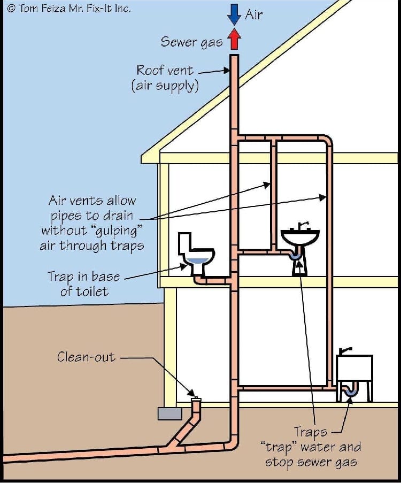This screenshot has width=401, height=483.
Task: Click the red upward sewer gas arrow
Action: pos(234,39)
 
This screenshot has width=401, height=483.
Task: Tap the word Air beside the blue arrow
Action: pos(254,14)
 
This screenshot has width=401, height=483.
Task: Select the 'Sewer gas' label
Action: pos(191,42)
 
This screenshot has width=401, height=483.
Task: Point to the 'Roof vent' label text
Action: pos(165,70)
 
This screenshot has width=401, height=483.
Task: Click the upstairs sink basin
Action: pos(300,237)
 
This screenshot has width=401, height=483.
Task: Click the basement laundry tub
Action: pos(354,368)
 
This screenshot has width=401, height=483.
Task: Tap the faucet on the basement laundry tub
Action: pos(345,351)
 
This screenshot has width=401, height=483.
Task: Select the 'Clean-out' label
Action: pos(86,357)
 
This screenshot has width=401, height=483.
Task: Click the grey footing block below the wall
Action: pos(169,413)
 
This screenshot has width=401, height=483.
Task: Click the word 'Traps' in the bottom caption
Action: pos(310,433)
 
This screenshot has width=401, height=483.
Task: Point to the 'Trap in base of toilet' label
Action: pos(83,283)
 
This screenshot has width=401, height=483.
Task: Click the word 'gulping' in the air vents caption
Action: pos(116,231)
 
